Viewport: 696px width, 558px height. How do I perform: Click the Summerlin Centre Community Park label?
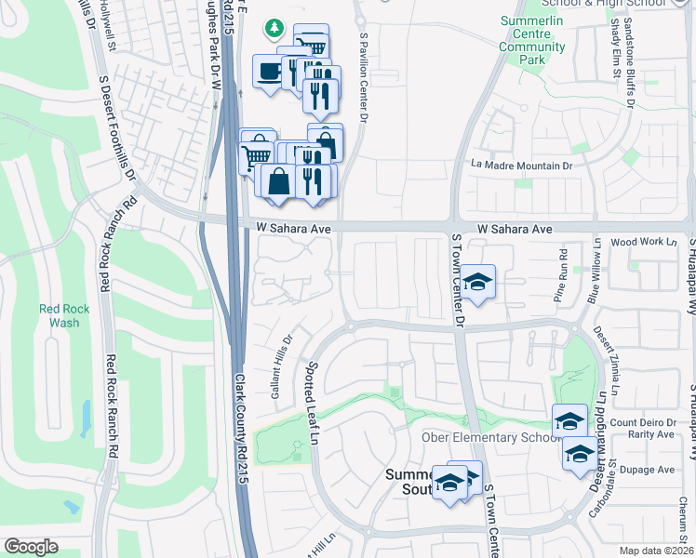coord(531,40)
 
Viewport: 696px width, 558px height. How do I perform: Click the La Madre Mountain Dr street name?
coord(521,166)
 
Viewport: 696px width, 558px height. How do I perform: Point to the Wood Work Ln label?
coord(644,242)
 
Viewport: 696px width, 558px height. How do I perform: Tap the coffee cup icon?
coord(270,72)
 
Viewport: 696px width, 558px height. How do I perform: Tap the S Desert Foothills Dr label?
coord(116,122)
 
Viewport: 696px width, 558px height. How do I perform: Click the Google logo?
coord(32,546)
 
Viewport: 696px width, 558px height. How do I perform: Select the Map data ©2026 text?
coord(655,551)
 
